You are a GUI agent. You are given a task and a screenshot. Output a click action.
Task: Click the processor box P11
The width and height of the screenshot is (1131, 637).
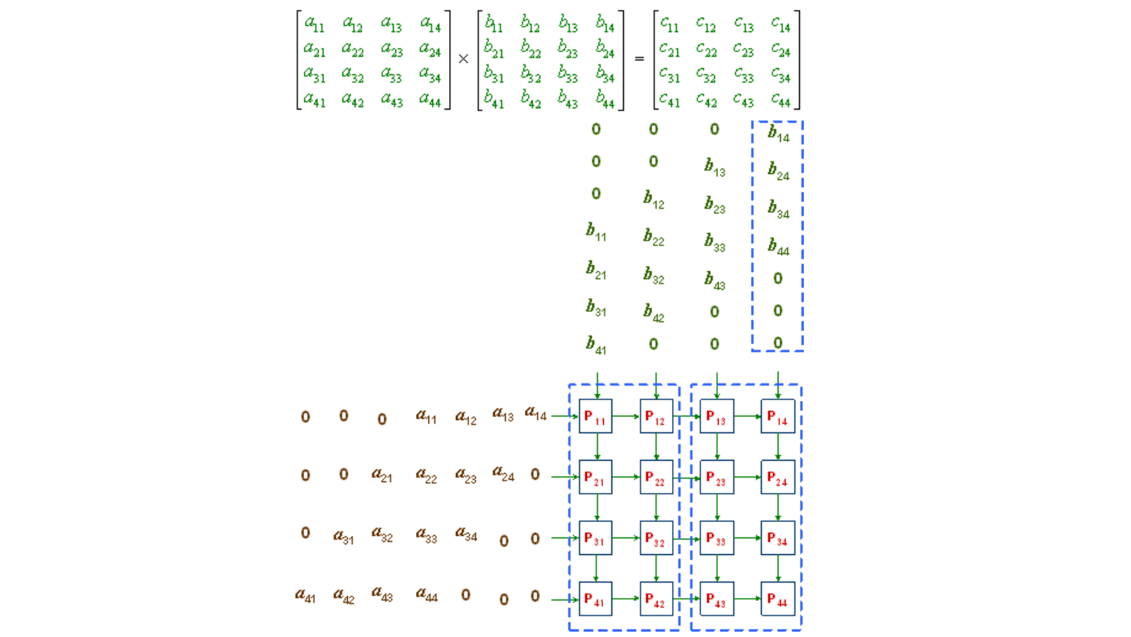coord(595,416)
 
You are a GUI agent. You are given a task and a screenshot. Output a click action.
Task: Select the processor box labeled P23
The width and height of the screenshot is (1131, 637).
coord(717,477)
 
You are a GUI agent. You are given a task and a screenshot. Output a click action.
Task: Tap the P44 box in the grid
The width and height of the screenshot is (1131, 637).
coord(778,599)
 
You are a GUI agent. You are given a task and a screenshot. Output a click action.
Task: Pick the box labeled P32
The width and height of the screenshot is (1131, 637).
coord(657,538)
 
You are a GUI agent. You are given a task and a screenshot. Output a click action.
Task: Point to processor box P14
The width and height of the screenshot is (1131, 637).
coord(778,416)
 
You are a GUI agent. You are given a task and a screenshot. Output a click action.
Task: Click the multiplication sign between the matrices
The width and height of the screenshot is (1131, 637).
coord(463,59)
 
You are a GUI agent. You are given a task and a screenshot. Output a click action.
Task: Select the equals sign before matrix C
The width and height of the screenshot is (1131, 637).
coord(639,58)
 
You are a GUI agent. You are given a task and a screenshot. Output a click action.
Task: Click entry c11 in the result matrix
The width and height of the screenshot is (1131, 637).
coord(670,24)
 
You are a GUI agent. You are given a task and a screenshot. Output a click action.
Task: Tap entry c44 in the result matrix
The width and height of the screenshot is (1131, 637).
coord(781,100)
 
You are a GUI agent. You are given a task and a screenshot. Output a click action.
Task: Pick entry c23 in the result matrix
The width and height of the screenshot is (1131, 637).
coord(744,50)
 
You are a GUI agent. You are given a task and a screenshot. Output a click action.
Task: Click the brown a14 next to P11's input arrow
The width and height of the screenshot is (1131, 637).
coord(536,413)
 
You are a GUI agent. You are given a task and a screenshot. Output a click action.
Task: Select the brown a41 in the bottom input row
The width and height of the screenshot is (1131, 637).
coord(306,596)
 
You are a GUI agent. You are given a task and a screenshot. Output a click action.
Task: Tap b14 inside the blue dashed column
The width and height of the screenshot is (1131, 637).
coord(778,134)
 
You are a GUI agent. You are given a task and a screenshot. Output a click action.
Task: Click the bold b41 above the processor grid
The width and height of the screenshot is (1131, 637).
coord(596,346)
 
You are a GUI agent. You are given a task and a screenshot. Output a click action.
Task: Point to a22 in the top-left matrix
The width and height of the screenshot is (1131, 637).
coord(353,50)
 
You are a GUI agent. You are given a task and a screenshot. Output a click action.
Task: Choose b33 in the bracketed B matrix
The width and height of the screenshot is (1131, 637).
coord(568,75)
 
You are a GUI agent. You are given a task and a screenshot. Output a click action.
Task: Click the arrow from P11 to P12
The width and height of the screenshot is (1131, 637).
coord(626,416)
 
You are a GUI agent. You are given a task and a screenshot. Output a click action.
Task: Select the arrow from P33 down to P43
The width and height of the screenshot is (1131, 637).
coord(717,568)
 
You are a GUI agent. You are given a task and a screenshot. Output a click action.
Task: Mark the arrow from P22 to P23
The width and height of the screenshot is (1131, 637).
coord(686,478)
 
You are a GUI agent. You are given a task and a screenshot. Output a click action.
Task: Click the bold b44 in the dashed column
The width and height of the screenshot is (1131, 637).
coord(778,247)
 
